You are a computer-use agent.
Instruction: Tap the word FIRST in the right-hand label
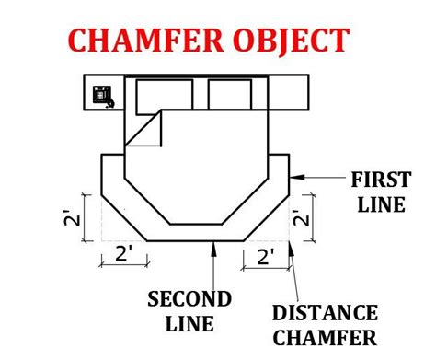(x=376, y=178)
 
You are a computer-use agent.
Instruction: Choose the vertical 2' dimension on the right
(x=301, y=218)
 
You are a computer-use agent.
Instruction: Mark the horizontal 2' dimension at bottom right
(x=267, y=255)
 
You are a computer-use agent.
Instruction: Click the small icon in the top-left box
(x=102, y=95)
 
